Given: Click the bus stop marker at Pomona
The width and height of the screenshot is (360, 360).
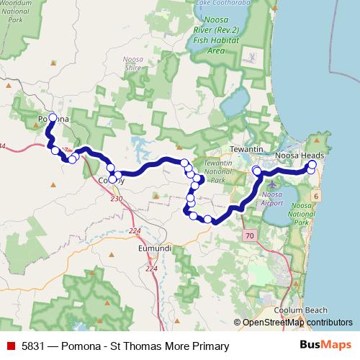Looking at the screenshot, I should [53, 117].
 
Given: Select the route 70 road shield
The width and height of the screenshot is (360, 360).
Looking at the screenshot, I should [250, 235].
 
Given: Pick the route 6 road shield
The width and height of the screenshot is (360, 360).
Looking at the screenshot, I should [316, 197].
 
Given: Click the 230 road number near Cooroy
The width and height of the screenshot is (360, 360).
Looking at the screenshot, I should [117, 198].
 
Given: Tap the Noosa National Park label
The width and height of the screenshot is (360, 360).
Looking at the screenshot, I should [302, 215].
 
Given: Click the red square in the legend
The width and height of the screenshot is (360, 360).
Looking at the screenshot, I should [9, 346].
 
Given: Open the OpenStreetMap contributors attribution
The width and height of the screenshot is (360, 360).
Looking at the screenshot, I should [297, 323].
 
